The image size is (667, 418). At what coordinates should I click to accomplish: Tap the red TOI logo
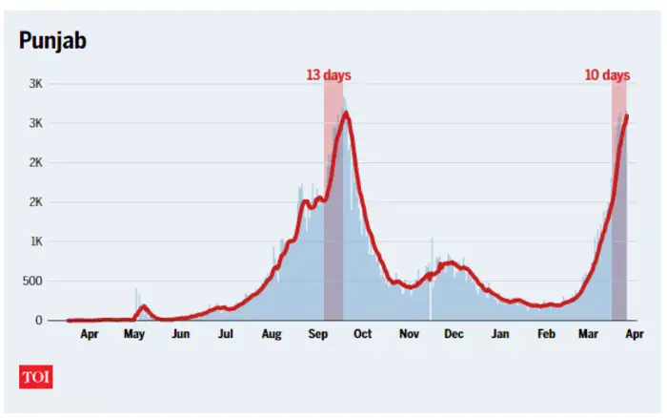pyautogui.click(x=36, y=377)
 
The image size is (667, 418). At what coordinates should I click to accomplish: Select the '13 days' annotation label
pyautogui.click(x=327, y=74)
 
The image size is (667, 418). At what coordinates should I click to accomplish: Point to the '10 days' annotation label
pyautogui.click(x=607, y=74)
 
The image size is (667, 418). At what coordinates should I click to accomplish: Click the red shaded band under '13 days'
pyautogui.click(x=333, y=200)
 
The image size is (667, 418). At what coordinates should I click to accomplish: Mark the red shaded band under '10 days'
pyautogui.click(x=618, y=200)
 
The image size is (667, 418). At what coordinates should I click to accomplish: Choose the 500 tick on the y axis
pyautogui.click(x=31, y=281)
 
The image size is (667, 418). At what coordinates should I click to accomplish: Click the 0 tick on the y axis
pyautogui.click(x=39, y=321)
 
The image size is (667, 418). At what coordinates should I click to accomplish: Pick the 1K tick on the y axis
pyautogui.click(x=34, y=241)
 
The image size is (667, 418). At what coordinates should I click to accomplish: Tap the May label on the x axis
pyautogui.click(x=134, y=335)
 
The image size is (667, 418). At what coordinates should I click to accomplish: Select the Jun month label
pyautogui.click(x=180, y=335)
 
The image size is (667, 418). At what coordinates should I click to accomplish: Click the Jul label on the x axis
pyautogui.click(x=226, y=335)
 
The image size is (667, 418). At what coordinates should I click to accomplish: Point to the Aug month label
pyautogui.click(x=272, y=335)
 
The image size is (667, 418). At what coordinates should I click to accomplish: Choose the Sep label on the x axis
pyautogui.click(x=317, y=335)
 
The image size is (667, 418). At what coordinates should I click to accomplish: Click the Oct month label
pyautogui.click(x=362, y=335)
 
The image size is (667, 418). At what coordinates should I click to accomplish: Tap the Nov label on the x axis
pyautogui.click(x=409, y=335)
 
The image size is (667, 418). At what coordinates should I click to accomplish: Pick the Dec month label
pyautogui.click(x=454, y=335)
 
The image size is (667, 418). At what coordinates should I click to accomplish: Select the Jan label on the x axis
pyautogui.click(x=500, y=335)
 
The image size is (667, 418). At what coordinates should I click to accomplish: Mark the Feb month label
pyautogui.click(x=546, y=335)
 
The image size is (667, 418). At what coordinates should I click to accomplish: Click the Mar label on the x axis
pyautogui.click(x=591, y=335)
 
